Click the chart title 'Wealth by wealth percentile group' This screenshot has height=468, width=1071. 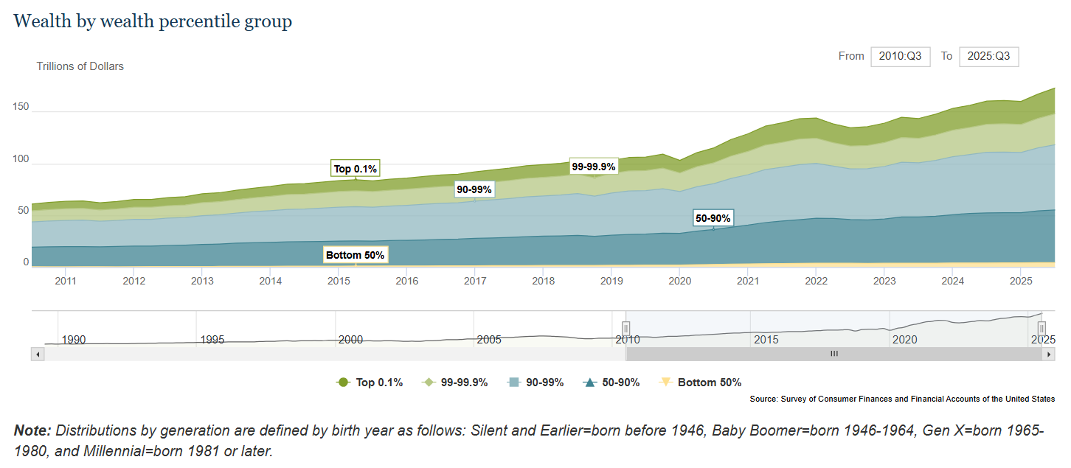pos(153,21)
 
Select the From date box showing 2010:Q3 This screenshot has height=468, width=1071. pos(900,57)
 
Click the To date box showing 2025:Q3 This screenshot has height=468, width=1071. pos(988,57)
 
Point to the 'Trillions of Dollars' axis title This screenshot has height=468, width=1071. pos(80,66)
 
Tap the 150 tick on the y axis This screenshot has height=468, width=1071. pos(21,107)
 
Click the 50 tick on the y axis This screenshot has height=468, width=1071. pos(24,211)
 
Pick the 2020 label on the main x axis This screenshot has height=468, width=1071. pos(679,281)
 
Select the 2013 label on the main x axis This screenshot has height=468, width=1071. pos(202,281)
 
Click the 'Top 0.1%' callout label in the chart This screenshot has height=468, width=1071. pos(356,169)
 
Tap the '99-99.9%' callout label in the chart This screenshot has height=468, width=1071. pos(594,167)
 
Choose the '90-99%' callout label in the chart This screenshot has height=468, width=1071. pos(474,189)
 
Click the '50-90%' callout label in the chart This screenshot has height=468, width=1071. pos(713,218)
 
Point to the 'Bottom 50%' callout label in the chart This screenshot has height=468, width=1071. pos(356,255)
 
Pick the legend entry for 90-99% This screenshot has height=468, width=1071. pos(536,383)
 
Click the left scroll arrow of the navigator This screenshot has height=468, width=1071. pos(38,354)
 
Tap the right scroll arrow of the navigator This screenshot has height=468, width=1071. pos(1048,354)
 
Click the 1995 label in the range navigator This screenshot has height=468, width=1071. pos(212,340)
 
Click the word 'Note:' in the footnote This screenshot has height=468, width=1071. pos(32,430)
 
